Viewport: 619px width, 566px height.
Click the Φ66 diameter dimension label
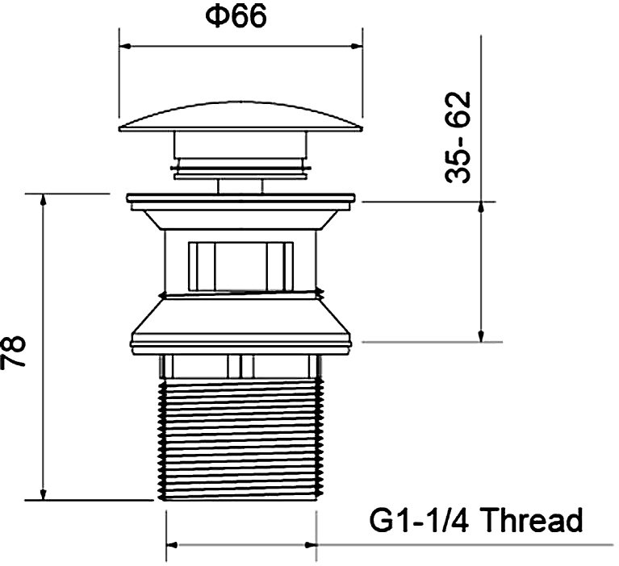pos(236,16)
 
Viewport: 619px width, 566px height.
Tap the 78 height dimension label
pos(13,352)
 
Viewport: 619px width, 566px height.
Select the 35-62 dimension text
pos(458,137)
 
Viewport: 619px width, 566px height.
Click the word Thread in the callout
pos(532,520)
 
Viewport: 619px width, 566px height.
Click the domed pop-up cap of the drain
pos(240,117)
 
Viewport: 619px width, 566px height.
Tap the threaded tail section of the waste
pos(240,439)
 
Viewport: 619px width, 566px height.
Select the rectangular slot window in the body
pos(240,266)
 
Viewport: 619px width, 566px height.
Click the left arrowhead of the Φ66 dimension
pos(125,47)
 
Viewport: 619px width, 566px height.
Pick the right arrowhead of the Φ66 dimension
pos(357,47)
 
